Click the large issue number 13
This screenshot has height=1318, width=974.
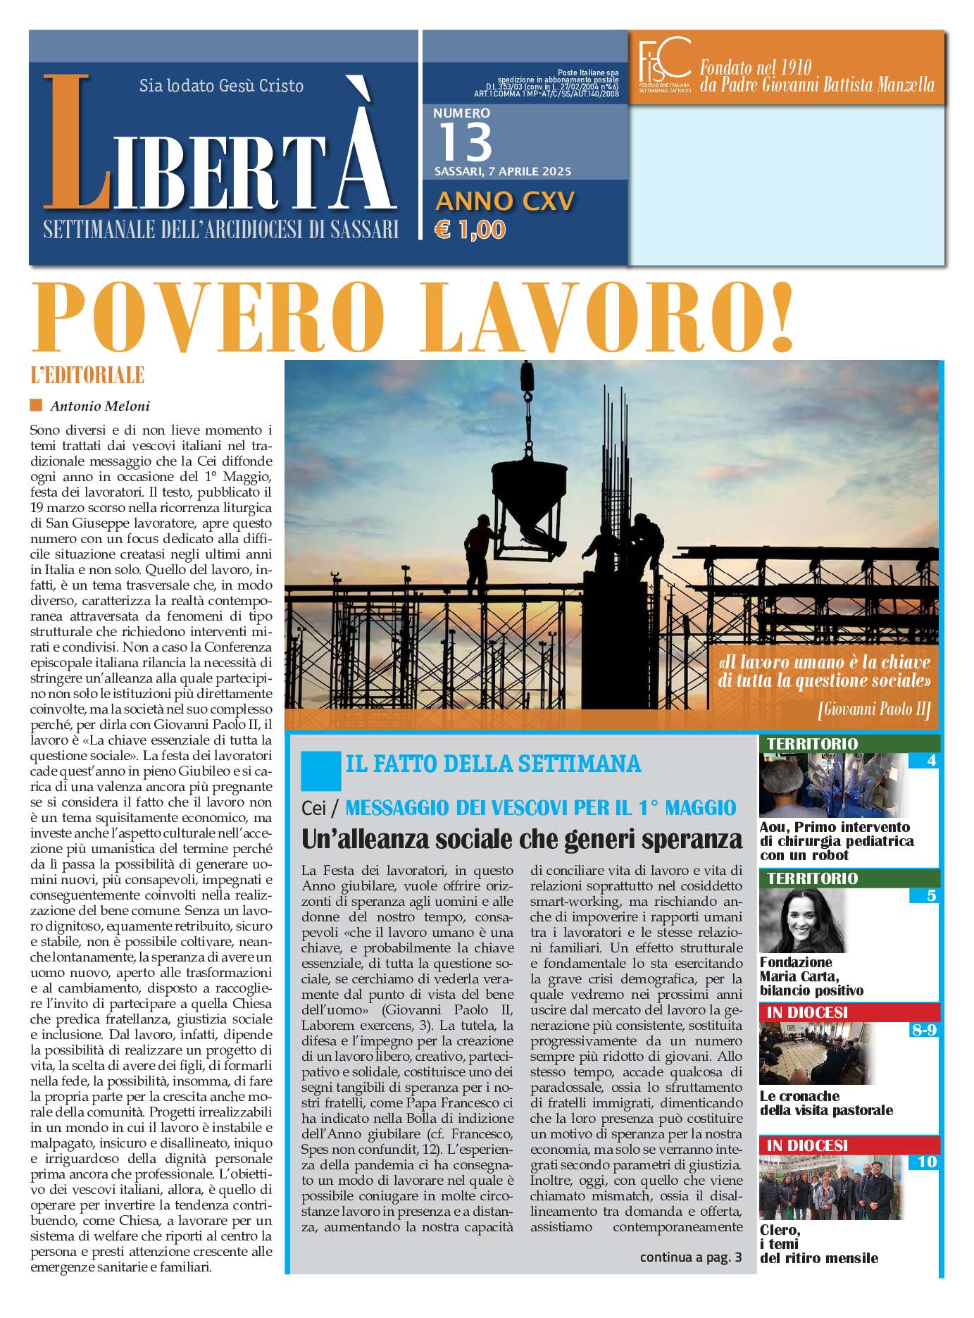(466, 142)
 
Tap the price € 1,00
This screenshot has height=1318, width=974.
(470, 230)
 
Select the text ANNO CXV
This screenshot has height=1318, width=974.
(505, 201)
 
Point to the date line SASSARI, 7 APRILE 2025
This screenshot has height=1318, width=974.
(503, 172)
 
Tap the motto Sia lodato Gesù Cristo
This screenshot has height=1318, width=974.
(221, 86)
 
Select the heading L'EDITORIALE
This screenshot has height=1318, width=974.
(87, 375)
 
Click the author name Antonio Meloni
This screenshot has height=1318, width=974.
(99, 406)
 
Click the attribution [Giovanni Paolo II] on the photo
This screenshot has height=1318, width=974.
(874, 709)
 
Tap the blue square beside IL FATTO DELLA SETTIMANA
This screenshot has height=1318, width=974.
(320, 770)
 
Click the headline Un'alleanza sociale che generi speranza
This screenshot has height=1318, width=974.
(522, 840)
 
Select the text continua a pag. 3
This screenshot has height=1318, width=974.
(690, 1257)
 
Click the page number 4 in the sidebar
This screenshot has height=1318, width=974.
(931, 761)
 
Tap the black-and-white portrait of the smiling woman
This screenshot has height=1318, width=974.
(802, 921)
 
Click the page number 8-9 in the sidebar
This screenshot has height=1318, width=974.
(923, 1030)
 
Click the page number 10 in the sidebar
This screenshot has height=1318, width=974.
(927, 1162)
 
